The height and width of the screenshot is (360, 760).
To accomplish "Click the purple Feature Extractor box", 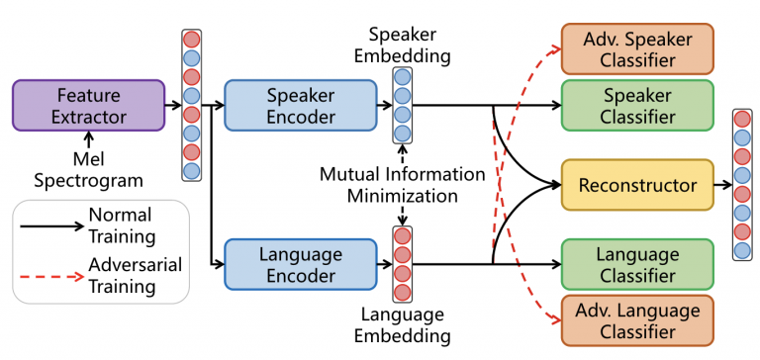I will click(x=88, y=106).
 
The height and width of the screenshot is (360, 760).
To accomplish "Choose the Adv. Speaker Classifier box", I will click(x=636, y=48).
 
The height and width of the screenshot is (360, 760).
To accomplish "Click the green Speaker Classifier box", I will click(x=636, y=106).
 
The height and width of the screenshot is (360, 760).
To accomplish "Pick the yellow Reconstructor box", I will click(x=636, y=185).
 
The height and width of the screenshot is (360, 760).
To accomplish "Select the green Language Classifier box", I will click(x=636, y=263).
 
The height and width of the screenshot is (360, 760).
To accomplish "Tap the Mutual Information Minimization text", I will click(x=402, y=185).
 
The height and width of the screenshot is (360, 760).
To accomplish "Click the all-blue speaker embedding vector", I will click(x=402, y=106).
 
